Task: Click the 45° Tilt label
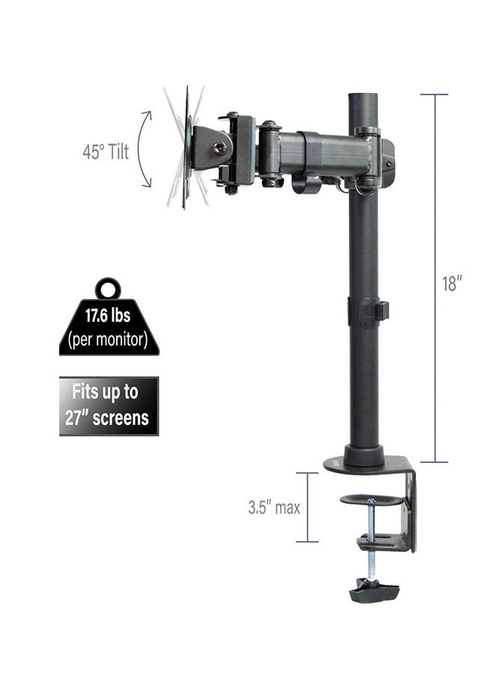pyautogui.click(x=106, y=152)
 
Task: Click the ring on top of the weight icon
pyautogui.click(x=109, y=288)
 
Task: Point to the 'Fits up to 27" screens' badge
pyautogui.click(x=109, y=405)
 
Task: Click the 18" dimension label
pyautogui.click(x=452, y=285)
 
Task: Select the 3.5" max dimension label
pyautogui.click(x=274, y=507)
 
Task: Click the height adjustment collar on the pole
pyautogui.click(x=367, y=312)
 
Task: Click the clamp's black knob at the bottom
pyautogui.click(x=373, y=591)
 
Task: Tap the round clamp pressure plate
pyautogui.click(x=371, y=499)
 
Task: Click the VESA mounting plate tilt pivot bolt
pyautogui.click(x=219, y=148)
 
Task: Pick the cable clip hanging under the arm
pyautogui.click(x=303, y=183)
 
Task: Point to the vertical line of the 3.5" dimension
pyautogui.click(x=307, y=507)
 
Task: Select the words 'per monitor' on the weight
pyautogui.click(x=109, y=339)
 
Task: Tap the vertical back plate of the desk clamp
pyautogui.click(x=409, y=509)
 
